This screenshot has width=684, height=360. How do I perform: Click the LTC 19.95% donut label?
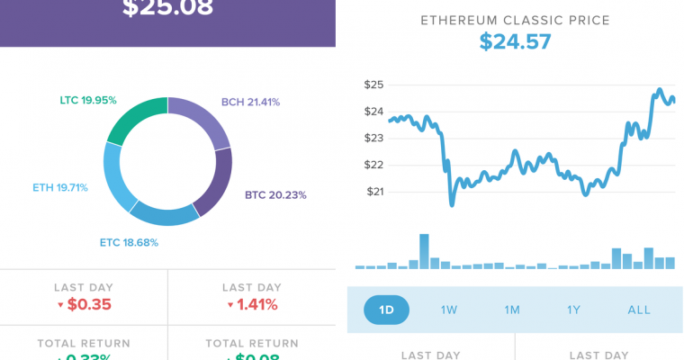[88, 100]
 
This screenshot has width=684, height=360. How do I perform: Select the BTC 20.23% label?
[274, 194]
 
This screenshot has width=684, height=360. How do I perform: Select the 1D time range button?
[386, 310]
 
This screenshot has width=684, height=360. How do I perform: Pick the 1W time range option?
[449, 310]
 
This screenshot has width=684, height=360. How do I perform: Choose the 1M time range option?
[512, 310]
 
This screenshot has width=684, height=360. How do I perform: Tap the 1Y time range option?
[574, 310]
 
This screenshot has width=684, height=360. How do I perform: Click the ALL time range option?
[639, 310]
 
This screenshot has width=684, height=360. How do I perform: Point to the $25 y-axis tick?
[374, 85]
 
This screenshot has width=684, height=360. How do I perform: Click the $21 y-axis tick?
[374, 191]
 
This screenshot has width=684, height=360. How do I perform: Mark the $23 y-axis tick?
[374, 138]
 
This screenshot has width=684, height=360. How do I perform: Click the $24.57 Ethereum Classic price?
[515, 41]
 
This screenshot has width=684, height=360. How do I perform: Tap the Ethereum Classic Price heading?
[515, 19]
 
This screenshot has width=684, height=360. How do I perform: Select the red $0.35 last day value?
[84, 304]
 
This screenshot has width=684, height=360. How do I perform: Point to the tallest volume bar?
[424, 251]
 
